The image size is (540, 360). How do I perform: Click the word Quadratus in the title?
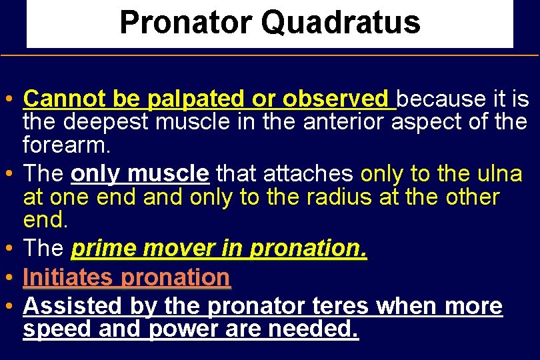click(x=341, y=23)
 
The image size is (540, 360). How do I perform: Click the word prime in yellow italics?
click(x=103, y=249)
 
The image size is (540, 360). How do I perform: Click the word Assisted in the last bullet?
click(x=71, y=306)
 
